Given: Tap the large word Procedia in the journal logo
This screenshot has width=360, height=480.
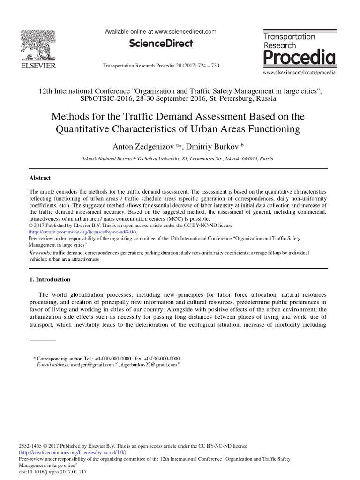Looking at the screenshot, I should pyautogui.click(x=299, y=58).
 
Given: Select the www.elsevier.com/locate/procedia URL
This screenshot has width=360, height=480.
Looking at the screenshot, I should pyautogui.click(x=299, y=73).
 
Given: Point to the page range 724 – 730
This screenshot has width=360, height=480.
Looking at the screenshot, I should pyautogui.click(x=206, y=66).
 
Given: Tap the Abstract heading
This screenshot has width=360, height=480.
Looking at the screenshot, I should pyautogui.click(x=40, y=178).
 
